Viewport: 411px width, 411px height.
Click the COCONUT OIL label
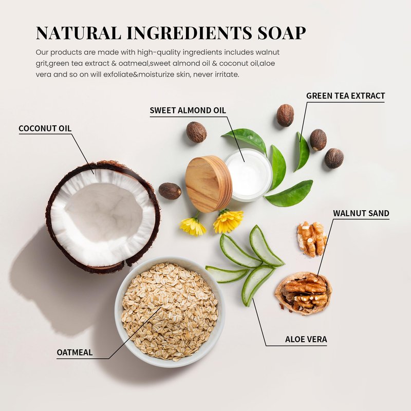click(x=45, y=128)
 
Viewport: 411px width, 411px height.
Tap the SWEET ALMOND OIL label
click(x=188, y=110)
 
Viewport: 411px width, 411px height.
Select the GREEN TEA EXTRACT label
click(x=345, y=96)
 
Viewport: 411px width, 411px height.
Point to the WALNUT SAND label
click(x=361, y=213)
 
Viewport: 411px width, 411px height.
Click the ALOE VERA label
click(x=306, y=339)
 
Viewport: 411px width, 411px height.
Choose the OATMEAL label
click(x=74, y=352)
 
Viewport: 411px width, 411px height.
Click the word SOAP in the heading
click(x=282, y=33)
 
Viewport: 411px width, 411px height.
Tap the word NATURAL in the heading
click(x=79, y=33)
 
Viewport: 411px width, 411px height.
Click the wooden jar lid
click(x=209, y=183)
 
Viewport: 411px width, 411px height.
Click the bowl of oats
click(x=170, y=311)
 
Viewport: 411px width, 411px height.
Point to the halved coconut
click(x=103, y=217)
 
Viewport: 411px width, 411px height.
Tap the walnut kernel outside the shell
click(x=312, y=238)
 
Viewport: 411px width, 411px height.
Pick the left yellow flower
click(x=193, y=226)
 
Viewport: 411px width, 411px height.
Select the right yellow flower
click(x=228, y=221)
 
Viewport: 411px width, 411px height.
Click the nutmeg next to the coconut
click(x=170, y=191)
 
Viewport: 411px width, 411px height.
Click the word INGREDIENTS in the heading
click(x=189, y=33)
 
